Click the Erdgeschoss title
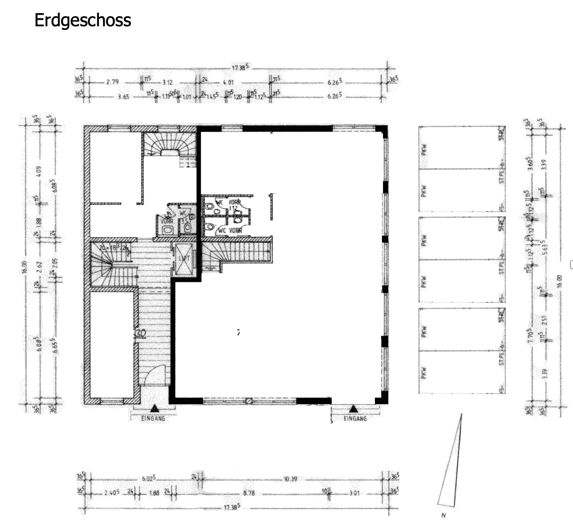point(83,21)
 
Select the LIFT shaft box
point(183,258)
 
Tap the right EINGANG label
point(355,418)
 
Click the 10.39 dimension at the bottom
point(291,478)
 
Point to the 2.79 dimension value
point(112,81)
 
